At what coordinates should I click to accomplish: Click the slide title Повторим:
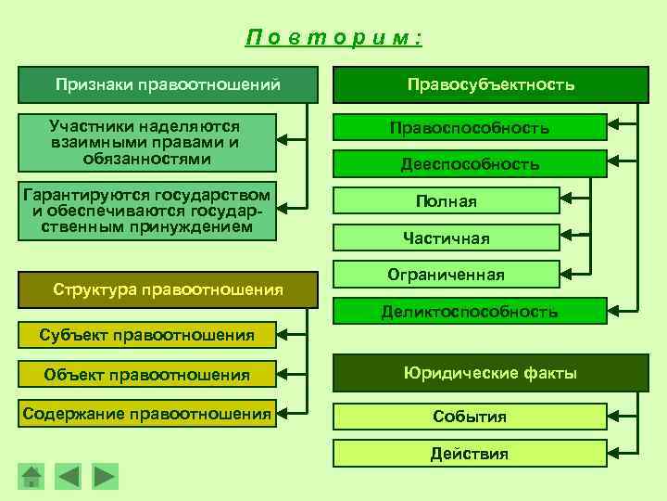click(x=333, y=38)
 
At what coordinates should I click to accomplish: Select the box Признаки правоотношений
click(x=168, y=84)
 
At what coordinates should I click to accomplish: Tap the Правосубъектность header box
click(x=491, y=84)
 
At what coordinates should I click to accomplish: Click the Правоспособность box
click(x=470, y=127)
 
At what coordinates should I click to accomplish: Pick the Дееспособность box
click(x=470, y=164)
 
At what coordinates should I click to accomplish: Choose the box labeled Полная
click(x=447, y=201)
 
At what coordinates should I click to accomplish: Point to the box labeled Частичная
click(x=447, y=238)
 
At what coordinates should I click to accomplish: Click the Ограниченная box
click(x=447, y=275)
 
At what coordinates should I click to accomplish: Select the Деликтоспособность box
click(x=470, y=312)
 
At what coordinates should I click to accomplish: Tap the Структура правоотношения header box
click(x=168, y=289)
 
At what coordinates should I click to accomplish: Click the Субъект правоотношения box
click(x=147, y=335)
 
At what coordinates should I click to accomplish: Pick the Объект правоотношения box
click(x=147, y=375)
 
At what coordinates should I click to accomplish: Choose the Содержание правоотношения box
click(x=147, y=414)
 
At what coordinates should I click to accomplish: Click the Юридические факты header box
click(x=491, y=374)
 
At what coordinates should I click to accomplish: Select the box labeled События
click(x=470, y=417)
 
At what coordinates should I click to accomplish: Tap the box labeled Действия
click(x=470, y=454)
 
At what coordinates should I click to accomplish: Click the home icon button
click(x=31, y=476)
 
